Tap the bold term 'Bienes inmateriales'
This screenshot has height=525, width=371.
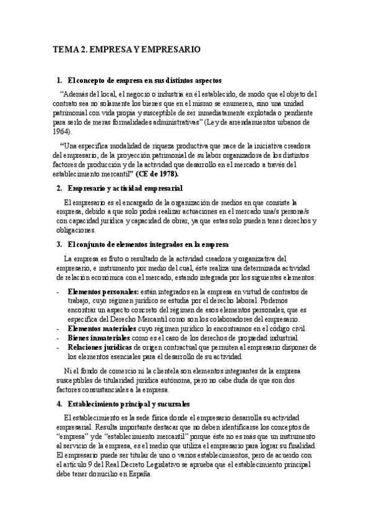pos(98,338)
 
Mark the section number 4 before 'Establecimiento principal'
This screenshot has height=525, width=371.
pos(58,403)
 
